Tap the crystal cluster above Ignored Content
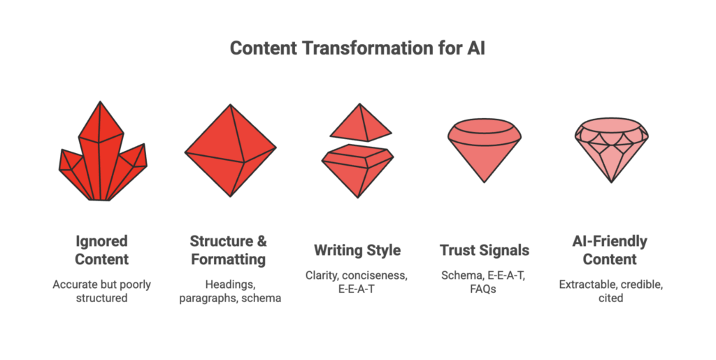point(102,157)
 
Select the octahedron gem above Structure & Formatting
point(230,150)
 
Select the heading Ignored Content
point(102,250)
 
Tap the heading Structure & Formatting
point(229,250)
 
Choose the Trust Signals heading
point(484,250)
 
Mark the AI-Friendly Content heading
point(611,250)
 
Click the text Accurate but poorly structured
point(102,291)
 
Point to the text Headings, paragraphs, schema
point(229,291)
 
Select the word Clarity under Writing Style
point(322,275)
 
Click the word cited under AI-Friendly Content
point(611,298)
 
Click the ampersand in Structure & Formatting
point(260,242)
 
